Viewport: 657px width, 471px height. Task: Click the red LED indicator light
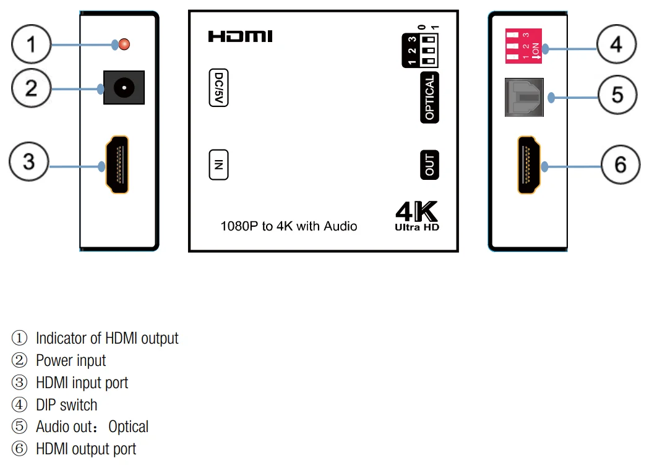[x=124, y=44]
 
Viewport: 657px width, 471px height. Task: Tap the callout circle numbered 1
[x=31, y=45]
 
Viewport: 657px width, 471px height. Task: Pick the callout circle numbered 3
[x=29, y=162]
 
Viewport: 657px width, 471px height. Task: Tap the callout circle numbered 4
[x=616, y=45]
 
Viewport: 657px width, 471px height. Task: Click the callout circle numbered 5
[x=618, y=95]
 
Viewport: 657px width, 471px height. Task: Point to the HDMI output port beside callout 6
[x=530, y=165]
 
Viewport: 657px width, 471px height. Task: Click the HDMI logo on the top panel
[x=240, y=37]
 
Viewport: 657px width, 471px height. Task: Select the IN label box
[x=218, y=164]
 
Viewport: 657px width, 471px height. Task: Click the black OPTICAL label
[x=429, y=98]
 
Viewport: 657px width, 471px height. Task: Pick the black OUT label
[x=429, y=164]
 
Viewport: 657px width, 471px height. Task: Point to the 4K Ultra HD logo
[x=417, y=216]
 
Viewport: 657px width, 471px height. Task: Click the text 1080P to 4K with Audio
[x=289, y=226]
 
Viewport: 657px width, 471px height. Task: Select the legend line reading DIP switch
[x=66, y=405]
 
